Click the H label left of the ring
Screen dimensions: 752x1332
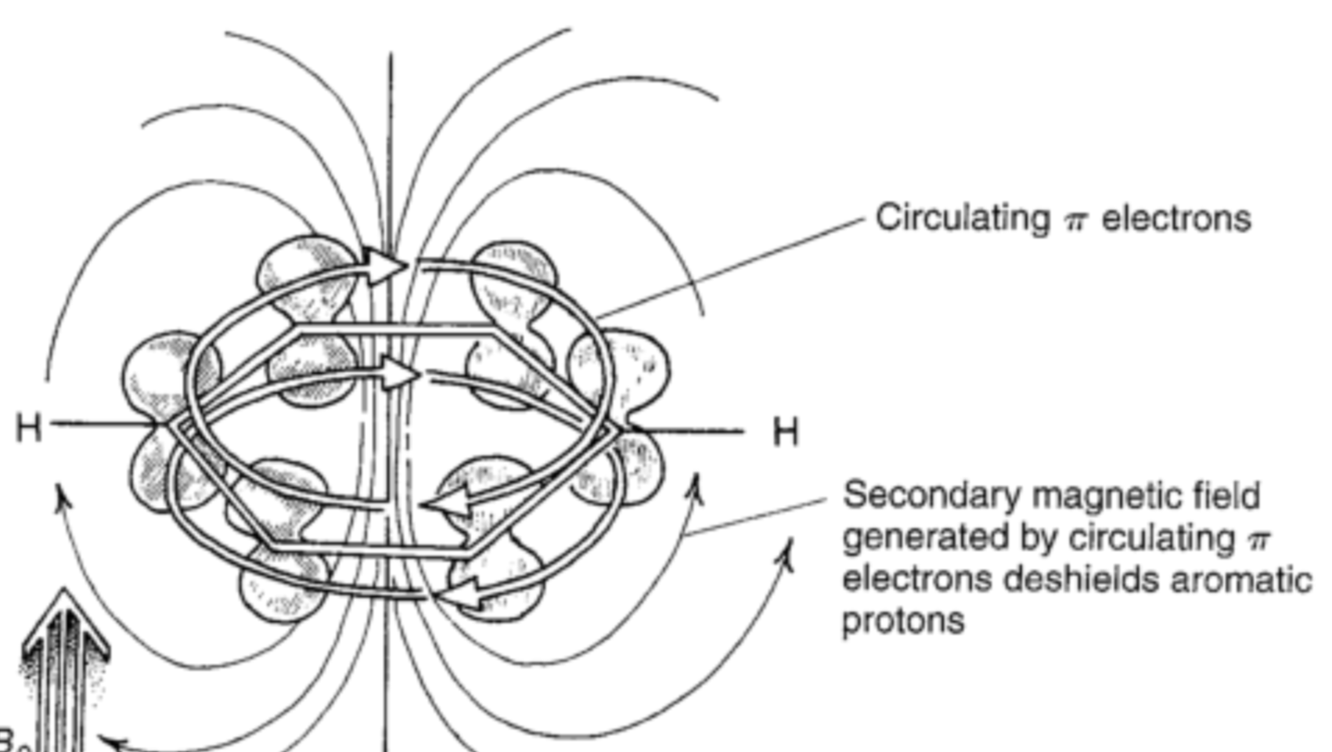point(29,428)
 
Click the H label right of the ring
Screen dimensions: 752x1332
point(786,432)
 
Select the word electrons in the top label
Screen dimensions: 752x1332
point(1176,219)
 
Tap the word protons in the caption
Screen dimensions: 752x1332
point(902,622)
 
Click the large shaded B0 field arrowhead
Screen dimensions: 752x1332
point(64,627)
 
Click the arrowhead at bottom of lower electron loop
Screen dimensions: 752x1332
point(462,593)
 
